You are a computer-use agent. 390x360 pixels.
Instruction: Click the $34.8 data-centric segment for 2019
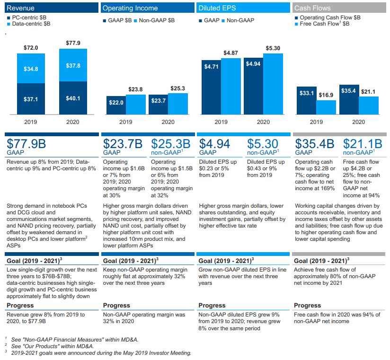(31, 69)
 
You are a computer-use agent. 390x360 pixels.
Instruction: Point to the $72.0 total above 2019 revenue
(31, 48)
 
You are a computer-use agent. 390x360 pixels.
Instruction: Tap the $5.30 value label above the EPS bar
(273, 48)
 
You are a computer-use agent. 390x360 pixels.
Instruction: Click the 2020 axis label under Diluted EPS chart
(263, 122)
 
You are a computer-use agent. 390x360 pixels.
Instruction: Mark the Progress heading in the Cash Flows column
(307, 305)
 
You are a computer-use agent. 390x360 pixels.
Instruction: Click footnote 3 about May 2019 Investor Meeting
(99, 352)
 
